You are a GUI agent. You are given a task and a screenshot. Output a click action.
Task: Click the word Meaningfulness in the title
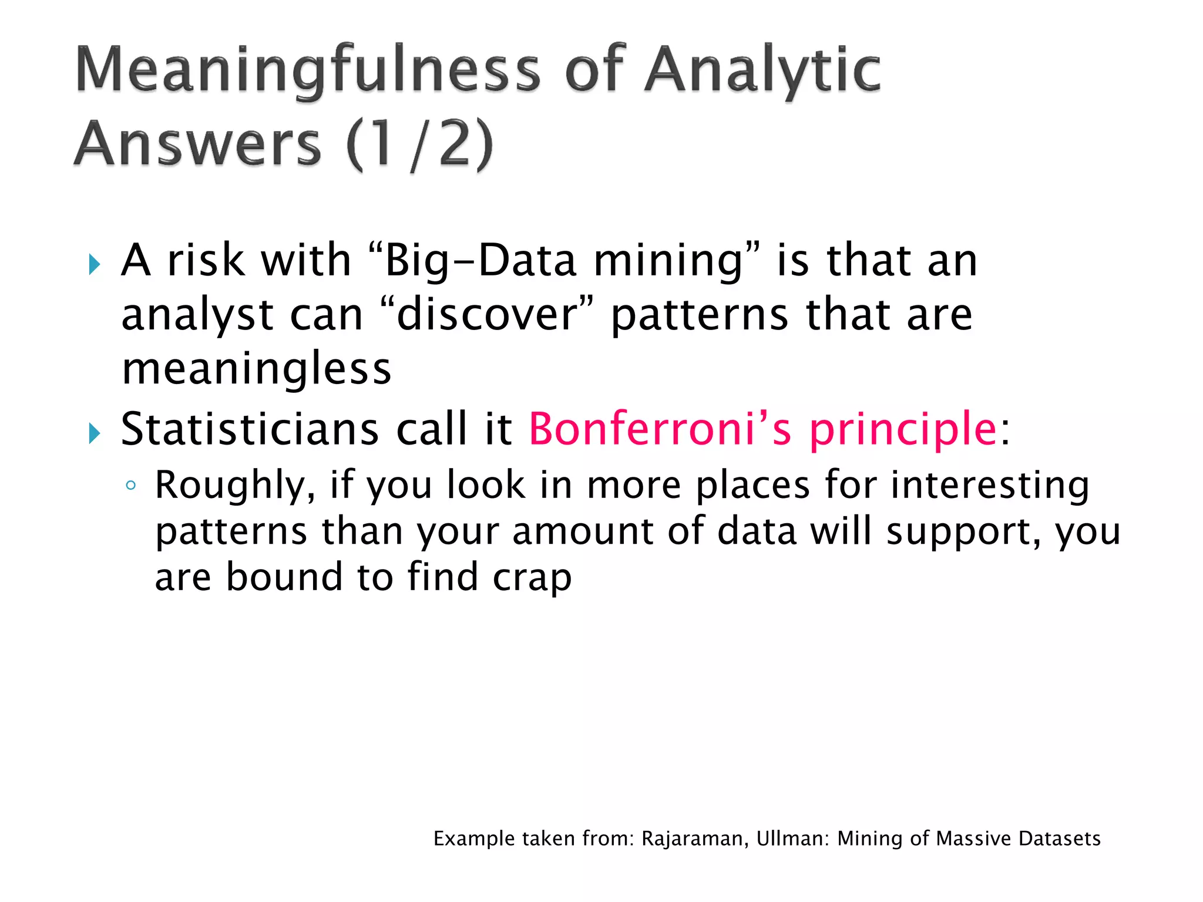pyautogui.click(x=307, y=70)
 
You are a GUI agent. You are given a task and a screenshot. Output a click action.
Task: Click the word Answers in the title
pyautogui.click(x=198, y=144)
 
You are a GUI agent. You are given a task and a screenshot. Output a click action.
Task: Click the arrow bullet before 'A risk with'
pyautogui.click(x=94, y=264)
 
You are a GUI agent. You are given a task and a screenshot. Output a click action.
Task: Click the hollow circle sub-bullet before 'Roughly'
pyautogui.click(x=130, y=486)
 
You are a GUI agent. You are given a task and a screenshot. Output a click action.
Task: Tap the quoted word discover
pyautogui.click(x=487, y=315)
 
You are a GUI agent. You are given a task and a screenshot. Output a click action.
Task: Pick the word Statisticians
pyautogui.click(x=250, y=429)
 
